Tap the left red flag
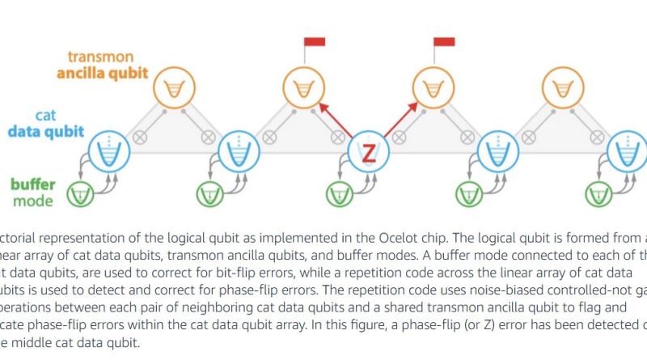(x=315, y=41)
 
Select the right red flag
(x=444, y=41)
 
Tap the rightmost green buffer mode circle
(x=598, y=194)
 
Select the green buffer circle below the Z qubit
(x=340, y=194)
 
